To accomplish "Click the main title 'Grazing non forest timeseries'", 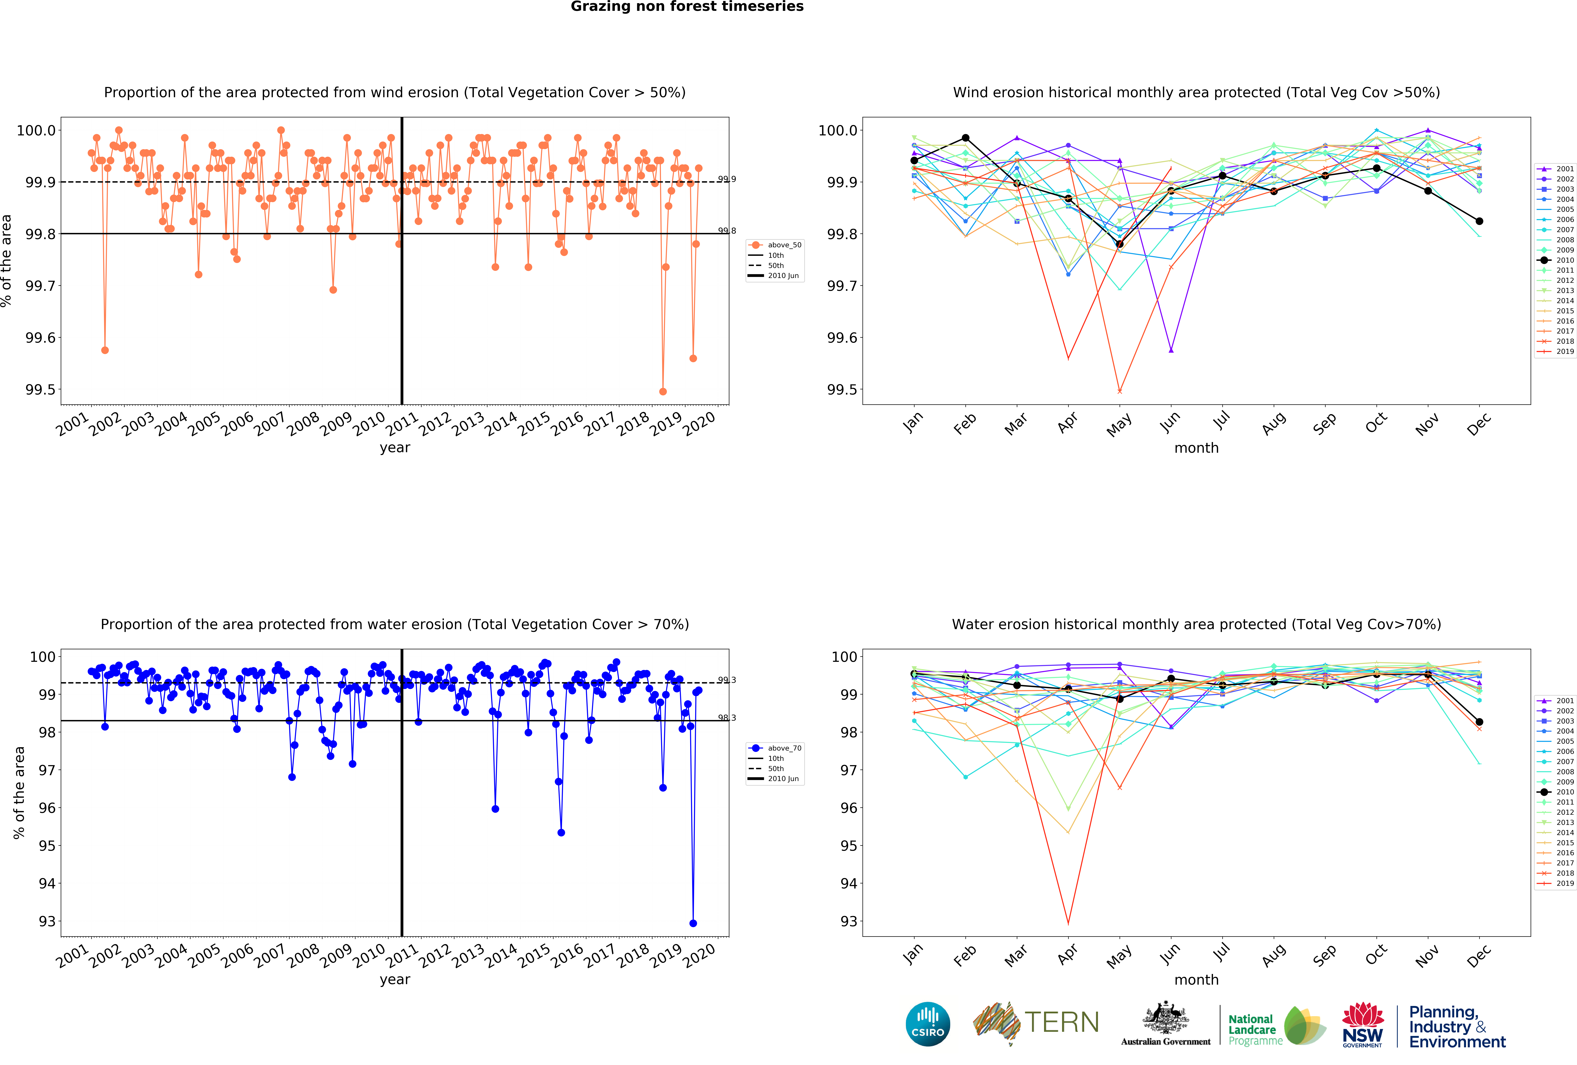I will (x=687, y=7).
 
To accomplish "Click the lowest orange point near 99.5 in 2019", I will (x=663, y=391).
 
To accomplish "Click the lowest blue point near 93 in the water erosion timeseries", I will (x=693, y=923).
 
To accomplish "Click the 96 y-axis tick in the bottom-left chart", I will (x=47, y=808).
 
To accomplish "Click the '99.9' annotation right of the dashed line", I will (x=727, y=179).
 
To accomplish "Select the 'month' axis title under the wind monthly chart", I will (x=1196, y=448).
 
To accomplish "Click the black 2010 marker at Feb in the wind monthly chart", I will (x=966, y=138).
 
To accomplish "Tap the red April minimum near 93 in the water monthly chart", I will (x=1068, y=923).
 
